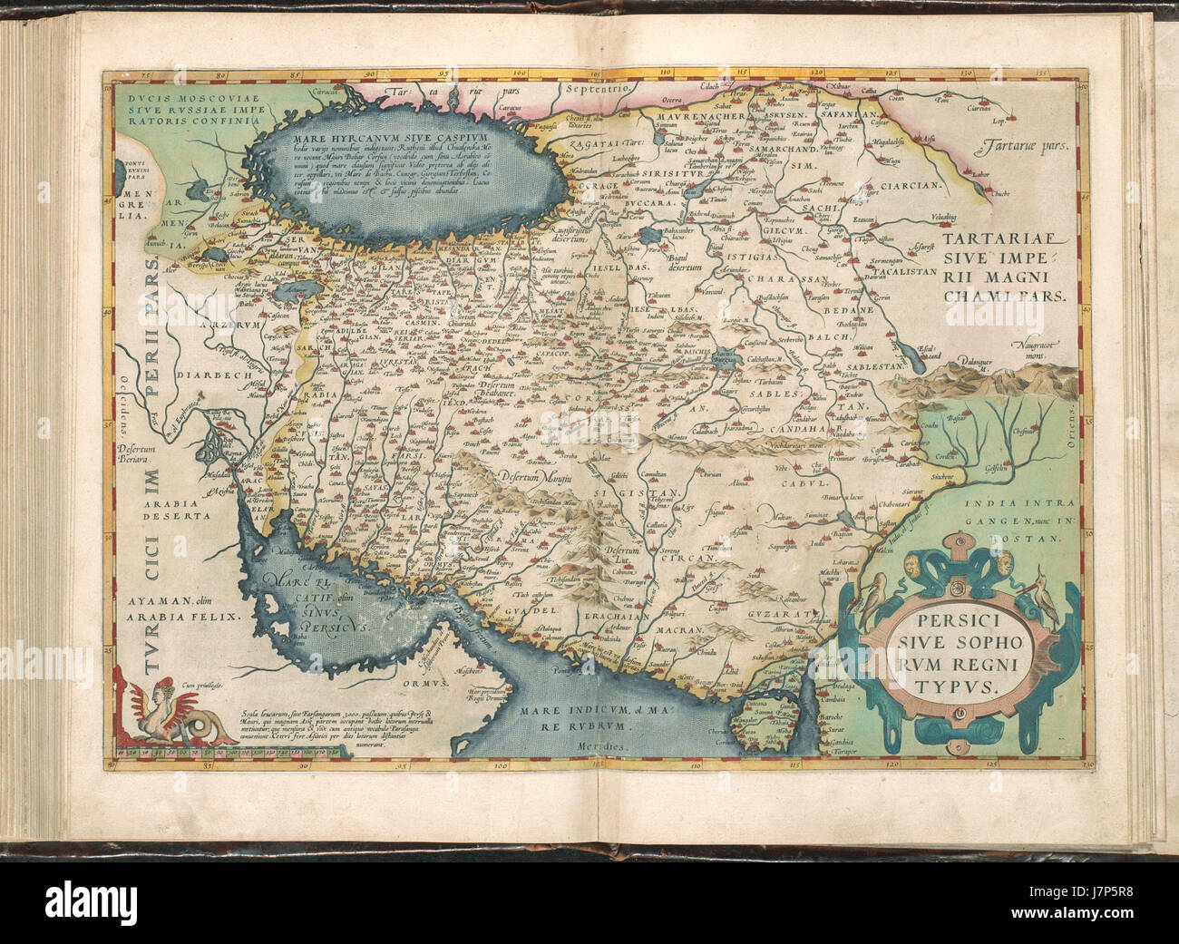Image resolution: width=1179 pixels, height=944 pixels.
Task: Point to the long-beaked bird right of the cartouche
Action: pos(1040,603)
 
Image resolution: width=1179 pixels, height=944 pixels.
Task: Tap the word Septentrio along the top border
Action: pos(596,89)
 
